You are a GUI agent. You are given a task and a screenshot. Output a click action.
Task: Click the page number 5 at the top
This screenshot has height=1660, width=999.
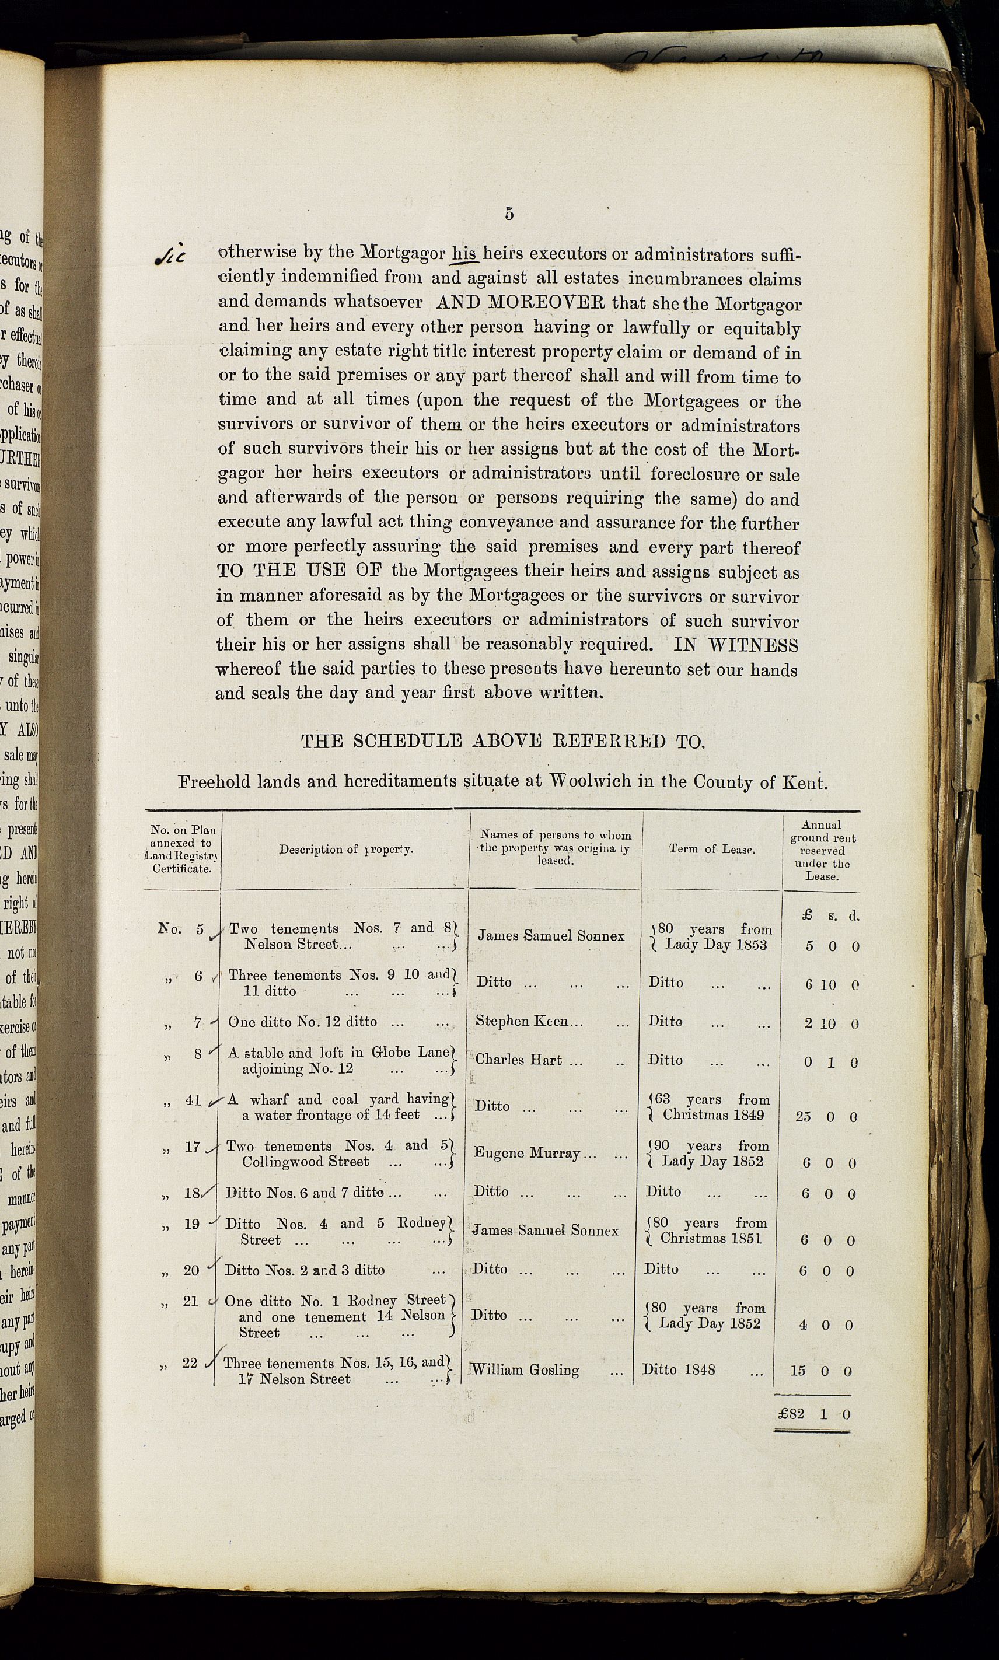pos(509,214)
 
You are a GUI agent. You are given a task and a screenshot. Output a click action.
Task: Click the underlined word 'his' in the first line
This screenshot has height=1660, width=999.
pos(464,253)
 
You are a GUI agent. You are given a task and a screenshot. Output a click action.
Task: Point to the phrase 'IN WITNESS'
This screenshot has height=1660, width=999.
pos(736,645)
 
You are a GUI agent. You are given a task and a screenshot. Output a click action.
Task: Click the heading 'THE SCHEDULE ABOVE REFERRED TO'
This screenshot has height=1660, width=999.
pos(502,741)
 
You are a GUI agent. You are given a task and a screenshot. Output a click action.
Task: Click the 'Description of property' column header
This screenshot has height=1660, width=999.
pos(346,849)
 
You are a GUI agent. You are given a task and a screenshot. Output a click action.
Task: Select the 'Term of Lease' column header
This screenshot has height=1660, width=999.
pos(711,849)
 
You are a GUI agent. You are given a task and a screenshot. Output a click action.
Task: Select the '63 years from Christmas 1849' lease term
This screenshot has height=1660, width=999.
pos(710,1107)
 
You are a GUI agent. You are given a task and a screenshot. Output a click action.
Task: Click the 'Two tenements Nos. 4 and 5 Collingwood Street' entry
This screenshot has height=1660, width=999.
pos(336,1153)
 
